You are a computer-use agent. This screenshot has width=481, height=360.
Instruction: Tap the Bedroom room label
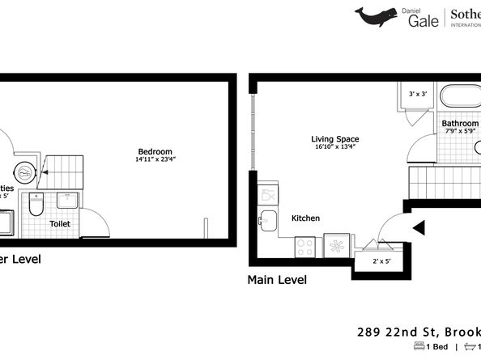point(155,152)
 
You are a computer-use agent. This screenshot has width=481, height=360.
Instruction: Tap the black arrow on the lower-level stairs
point(45,172)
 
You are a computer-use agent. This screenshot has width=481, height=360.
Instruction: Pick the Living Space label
point(335,139)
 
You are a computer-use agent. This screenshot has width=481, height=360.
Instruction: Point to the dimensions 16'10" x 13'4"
point(335,147)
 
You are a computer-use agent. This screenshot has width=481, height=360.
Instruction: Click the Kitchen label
point(305,218)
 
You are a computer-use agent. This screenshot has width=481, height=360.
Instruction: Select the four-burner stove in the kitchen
point(306,246)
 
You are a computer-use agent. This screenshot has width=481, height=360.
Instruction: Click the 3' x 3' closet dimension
point(418,95)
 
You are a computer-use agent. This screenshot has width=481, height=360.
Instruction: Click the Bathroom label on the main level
point(460,124)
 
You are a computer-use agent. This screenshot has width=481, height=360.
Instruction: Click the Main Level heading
point(276,280)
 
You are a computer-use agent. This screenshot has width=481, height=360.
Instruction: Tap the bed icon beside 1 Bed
point(418,346)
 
